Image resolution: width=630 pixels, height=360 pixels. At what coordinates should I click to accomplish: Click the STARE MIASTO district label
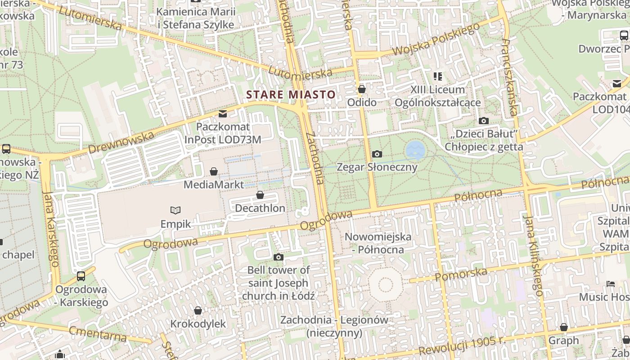click(x=291, y=94)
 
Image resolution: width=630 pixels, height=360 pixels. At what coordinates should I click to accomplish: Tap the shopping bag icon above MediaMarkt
click(x=214, y=171)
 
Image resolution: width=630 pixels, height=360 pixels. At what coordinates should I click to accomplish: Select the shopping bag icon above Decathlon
click(x=260, y=195)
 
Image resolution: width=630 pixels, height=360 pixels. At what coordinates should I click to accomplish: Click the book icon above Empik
click(x=175, y=210)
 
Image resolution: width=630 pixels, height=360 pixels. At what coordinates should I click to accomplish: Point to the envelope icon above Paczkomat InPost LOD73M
click(x=223, y=113)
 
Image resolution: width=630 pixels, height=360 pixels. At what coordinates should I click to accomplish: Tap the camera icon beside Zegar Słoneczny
click(x=377, y=154)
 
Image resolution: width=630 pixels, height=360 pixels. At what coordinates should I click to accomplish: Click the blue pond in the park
click(x=415, y=150)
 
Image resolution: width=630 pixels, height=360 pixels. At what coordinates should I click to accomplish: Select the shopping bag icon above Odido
click(x=361, y=89)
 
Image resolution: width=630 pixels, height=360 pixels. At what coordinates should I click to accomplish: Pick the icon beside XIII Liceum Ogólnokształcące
click(x=437, y=76)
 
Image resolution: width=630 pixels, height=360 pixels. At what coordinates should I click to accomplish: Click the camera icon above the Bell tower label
click(x=279, y=257)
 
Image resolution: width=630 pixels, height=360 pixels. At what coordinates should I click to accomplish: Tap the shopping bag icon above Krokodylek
click(x=198, y=310)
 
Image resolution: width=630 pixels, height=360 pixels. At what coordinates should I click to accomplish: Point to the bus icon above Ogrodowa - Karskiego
click(x=81, y=276)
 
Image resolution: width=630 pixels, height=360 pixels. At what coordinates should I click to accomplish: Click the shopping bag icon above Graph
click(x=563, y=327)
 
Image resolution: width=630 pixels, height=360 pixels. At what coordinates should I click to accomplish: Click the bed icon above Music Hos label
click(x=611, y=283)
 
